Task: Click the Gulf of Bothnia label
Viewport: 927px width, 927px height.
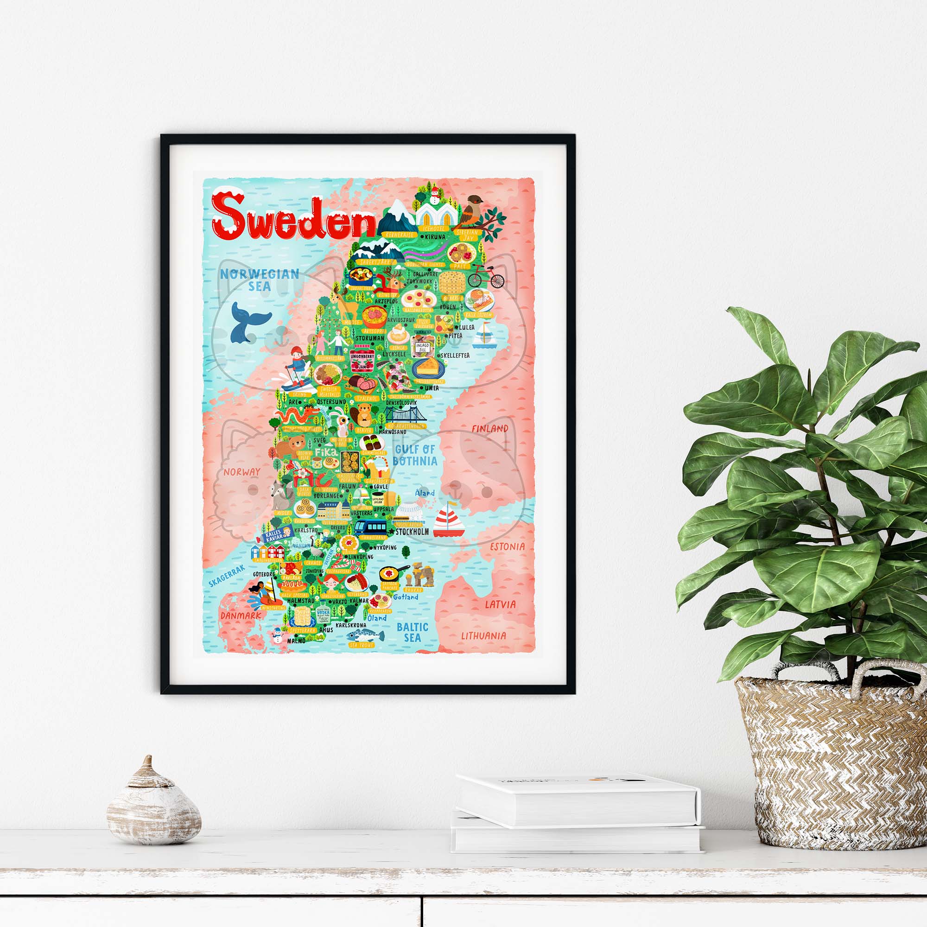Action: (x=414, y=455)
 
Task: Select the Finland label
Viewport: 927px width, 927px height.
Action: (x=489, y=428)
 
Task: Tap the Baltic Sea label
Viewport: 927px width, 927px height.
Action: (x=412, y=632)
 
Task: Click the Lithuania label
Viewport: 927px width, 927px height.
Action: (x=483, y=636)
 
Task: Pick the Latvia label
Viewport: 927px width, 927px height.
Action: (x=500, y=604)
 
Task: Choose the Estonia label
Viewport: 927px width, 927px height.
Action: (x=507, y=546)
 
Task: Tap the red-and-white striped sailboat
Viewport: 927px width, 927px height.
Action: (x=449, y=521)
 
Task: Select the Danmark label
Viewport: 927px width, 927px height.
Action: (x=241, y=615)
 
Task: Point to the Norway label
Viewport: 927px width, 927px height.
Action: (x=241, y=472)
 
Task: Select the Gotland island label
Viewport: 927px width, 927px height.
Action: (x=406, y=597)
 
